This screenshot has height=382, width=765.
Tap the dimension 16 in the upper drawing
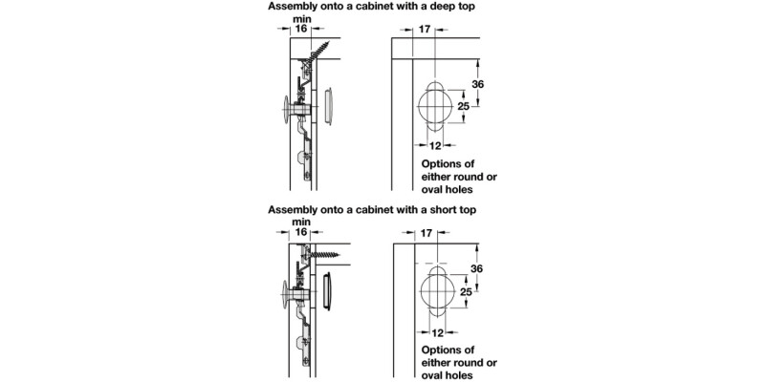click(x=299, y=30)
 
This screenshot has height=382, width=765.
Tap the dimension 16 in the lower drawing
click(x=299, y=232)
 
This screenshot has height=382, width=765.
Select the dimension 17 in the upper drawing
click(x=426, y=30)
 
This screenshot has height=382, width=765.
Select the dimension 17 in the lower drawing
click(x=426, y=232)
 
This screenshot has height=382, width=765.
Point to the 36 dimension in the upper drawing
click(x=480, y=85)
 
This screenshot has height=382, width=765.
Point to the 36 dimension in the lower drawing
click(x=480, y=270)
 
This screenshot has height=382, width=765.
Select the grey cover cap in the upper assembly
click(x=329, y=105)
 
